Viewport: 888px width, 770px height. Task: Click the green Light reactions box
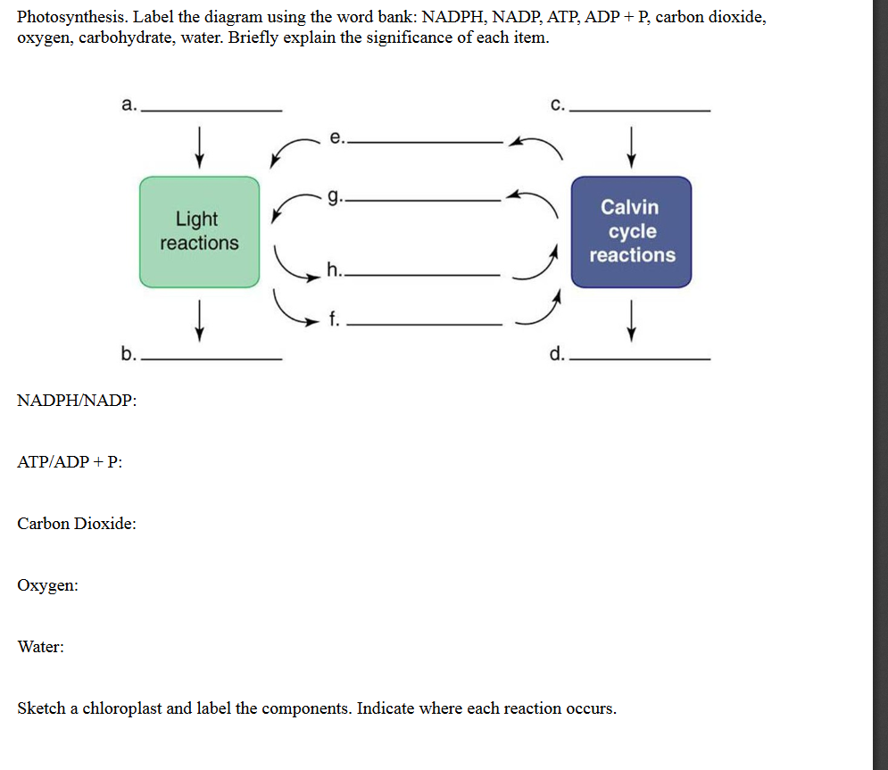pos(199,231)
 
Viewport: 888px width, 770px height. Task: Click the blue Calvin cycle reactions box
pos(632,231)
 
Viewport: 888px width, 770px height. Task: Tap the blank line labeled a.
pos(212,109)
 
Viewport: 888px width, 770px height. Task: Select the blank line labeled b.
pos(212,358)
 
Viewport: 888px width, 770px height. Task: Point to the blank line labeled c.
pos(639,109)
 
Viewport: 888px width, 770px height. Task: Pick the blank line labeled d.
pos(639,358)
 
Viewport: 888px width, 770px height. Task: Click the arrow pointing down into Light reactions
pos(199,145)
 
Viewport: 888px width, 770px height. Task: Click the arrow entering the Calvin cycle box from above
pos(632,145)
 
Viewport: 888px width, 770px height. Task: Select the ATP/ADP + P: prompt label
pos(70,461)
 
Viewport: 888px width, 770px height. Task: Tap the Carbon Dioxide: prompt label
pos(77,523)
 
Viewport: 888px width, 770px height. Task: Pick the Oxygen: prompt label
pos(47,585)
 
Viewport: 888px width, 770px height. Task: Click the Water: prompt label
pos(40,647)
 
